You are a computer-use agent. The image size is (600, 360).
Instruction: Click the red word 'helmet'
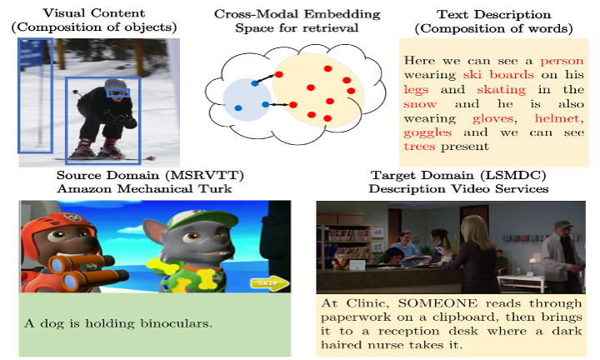click(x=558, y=118)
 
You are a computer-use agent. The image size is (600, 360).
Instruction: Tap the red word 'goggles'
click(x=427, y=132)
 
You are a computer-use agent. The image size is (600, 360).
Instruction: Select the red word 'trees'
click(x=419, y=146)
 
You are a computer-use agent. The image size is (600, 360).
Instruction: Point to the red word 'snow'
click(x=420, y=104)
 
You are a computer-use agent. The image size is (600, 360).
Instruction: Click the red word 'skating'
click(x=502, y=90)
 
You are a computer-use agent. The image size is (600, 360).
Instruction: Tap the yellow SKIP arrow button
click(x=270, y=283)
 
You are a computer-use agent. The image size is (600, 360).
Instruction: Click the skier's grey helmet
click(x=115, y=84)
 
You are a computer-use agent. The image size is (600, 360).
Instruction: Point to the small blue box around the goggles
click(x=118, y=93)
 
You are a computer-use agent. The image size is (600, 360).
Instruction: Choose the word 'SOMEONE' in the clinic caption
click(x=437, y=303)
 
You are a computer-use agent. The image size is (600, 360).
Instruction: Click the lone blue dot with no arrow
click(x=238, y=108)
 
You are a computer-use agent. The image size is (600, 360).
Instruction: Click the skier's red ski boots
click(x=98, y=148)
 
